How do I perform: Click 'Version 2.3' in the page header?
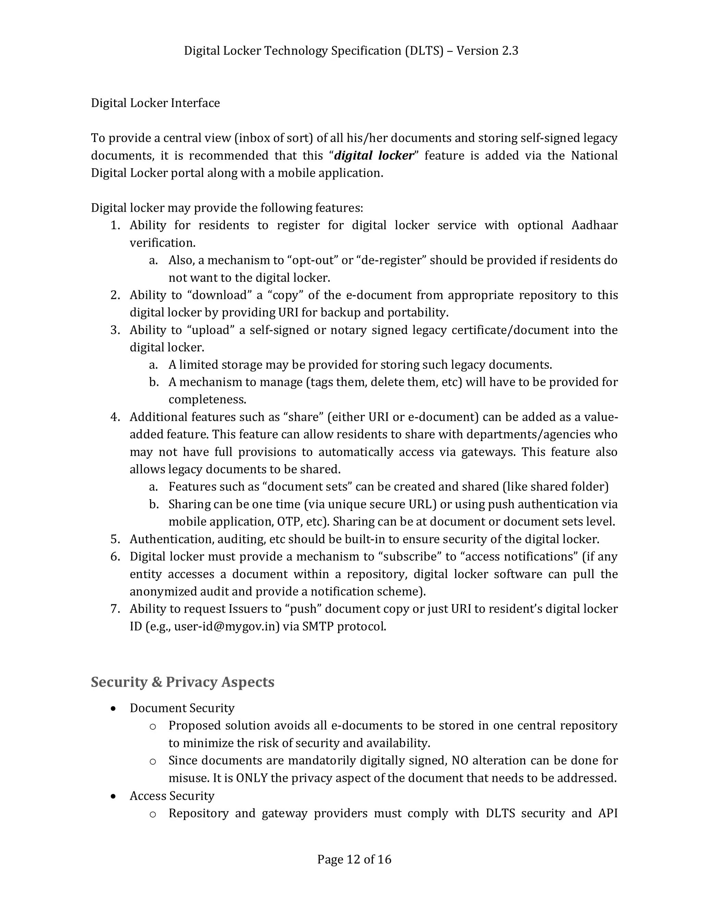[487, 51]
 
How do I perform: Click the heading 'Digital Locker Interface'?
[155, 103]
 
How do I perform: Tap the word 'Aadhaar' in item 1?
[594, 225]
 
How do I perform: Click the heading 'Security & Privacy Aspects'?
[183, 682]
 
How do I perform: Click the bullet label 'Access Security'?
[172, 796]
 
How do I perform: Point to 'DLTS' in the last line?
[500, 813]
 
